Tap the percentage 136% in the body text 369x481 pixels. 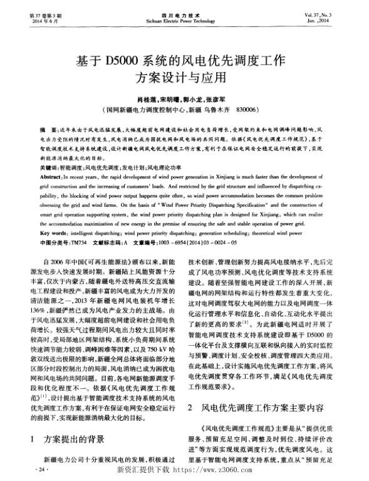(48, 327)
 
